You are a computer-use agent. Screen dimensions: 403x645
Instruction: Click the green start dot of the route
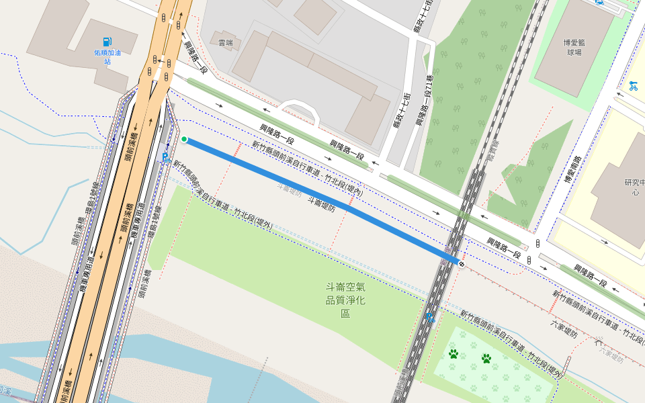184,140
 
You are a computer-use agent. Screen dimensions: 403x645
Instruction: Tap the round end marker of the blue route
461,264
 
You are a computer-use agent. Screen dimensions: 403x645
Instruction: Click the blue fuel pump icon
107,42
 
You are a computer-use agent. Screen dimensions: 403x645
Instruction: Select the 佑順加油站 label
107,56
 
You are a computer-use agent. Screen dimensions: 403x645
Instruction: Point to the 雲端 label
225,42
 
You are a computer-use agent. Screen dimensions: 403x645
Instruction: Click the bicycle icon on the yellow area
633,85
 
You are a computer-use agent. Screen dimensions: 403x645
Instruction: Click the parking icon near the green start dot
165,158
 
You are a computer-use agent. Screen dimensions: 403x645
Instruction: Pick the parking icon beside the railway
430,316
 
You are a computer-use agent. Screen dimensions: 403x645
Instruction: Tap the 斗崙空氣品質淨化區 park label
345,300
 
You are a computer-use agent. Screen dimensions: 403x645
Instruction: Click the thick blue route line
322,201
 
